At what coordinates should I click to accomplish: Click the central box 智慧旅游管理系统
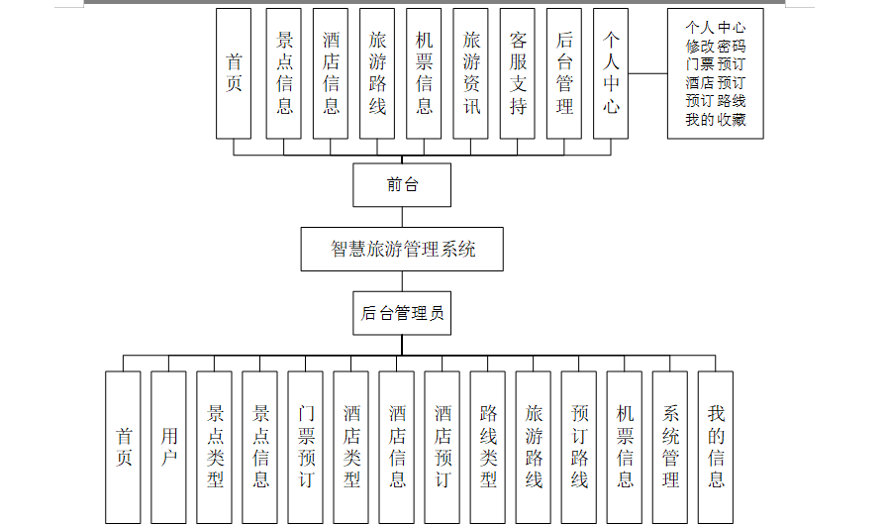[x=402, y=249]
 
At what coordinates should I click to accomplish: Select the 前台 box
[x=402, y=184]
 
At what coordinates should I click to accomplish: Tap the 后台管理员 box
[x=402, y=314]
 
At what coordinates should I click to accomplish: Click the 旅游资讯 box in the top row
[x=471, y=73]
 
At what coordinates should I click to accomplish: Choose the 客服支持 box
[x=518, y=73]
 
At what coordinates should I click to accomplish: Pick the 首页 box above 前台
[x=234, y=73]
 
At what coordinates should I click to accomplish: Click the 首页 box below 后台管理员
[x=124, y=447]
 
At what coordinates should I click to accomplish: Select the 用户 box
[x=169, y=447]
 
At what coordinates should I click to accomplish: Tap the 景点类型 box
[x=215, y=447]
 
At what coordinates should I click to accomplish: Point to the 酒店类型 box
[x=351, y=447]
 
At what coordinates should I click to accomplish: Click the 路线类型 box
[x=488, y=447]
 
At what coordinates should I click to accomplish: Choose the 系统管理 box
[x=670, y=447]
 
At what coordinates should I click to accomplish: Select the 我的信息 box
[x=716, y=447]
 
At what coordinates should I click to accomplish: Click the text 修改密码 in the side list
[x=716, y=46]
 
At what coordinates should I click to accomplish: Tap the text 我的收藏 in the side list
[x=716, y=120]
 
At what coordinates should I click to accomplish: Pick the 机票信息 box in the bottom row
[x=625, y=447]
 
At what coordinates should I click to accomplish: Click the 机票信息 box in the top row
[x=424, y=73]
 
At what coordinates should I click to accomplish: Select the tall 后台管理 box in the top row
[x=564, y=73]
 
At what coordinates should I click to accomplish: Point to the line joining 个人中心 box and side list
[x=648, y=73]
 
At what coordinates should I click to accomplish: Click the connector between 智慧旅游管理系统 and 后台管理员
[x=402, y=281]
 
